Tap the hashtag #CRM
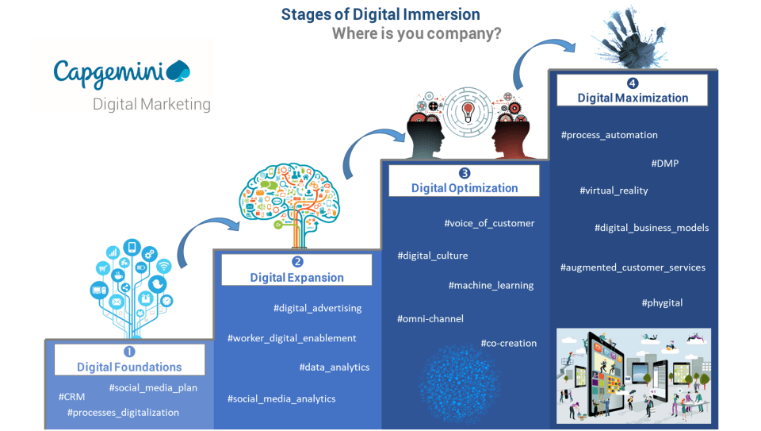(x=72, y=396)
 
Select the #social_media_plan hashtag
(x=153, y=387)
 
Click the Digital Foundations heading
(x=129, y=367)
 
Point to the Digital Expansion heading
(x=296, y=277)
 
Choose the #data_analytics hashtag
(x=334, y=367)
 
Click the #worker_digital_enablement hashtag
(x=292, y=338)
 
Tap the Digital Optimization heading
(x=465, y=188)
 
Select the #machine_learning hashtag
(x=491, y=285)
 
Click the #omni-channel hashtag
(x=430, y=318)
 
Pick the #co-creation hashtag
(x=508, y=343)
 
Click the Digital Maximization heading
(x=633, y=98)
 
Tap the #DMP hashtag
(x=664, y=164)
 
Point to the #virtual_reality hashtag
(x=614, y=190)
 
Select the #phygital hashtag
(x=662, y=302)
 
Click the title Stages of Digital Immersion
(x=380, y=14)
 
